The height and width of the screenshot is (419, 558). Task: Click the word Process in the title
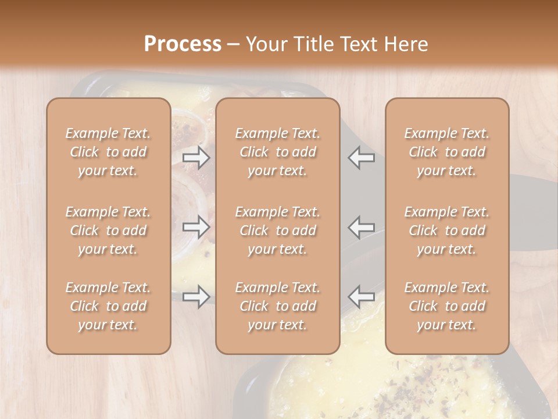(183, 44)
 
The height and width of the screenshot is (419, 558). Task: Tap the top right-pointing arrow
(196, 157)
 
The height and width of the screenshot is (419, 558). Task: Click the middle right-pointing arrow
(196, 226)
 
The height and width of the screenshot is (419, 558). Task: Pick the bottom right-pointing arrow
(196, 296)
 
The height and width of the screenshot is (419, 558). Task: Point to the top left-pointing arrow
(362, 157)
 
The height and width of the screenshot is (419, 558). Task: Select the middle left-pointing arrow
(362, 226)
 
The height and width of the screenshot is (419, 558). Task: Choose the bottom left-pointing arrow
(362, 296)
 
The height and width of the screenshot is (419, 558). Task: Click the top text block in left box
(108, 152)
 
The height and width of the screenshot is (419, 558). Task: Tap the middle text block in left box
(108, 230)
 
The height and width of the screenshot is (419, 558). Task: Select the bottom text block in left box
(108, 306)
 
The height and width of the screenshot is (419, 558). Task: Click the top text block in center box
(278, 152)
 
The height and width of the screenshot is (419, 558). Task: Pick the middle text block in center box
(278, 230)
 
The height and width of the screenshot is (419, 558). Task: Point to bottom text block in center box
(278, 306)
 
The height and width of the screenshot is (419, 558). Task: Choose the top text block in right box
(447, 152)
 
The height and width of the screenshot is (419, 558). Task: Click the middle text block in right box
(447, 230)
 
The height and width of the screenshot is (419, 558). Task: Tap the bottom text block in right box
(447, 306)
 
